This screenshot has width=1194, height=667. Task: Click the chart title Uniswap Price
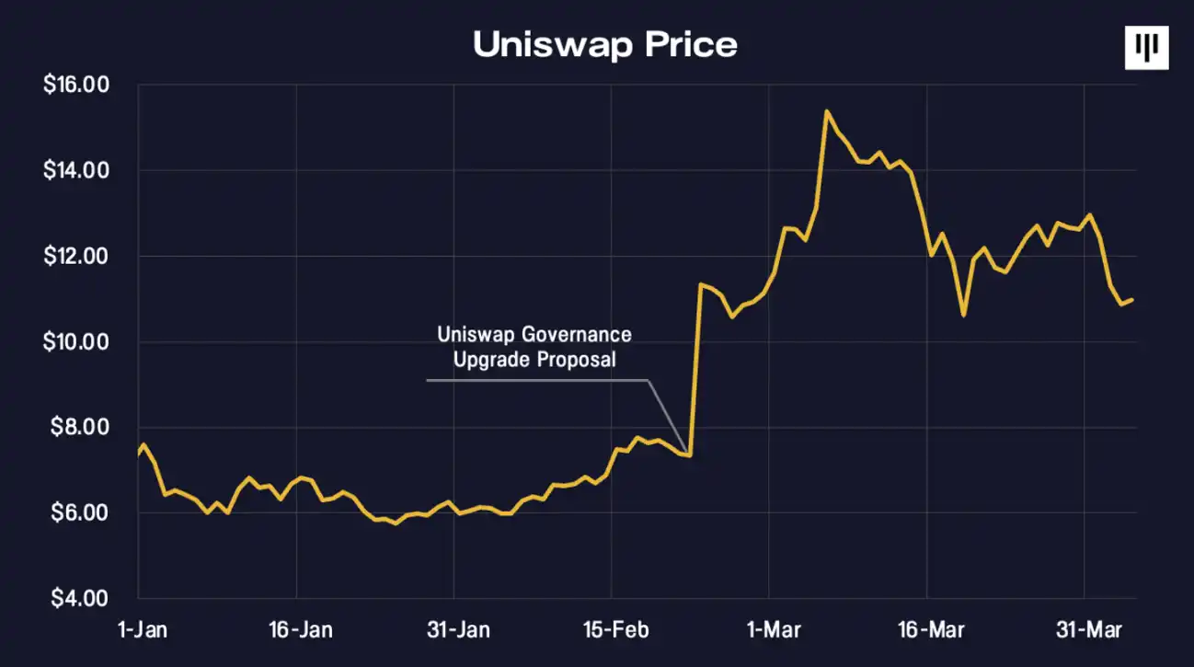pos(604,44)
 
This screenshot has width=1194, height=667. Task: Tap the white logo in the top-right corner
pos(1146,47)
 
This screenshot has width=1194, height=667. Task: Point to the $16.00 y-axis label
pos(76,86)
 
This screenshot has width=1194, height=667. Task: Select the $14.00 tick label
pos(76,171)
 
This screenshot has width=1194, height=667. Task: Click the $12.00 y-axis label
pos(76,257)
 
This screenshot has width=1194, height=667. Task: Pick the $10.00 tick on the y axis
pos(76,342)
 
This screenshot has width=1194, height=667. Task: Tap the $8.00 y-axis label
pos(81,428)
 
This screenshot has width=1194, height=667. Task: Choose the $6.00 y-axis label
pos(81,513)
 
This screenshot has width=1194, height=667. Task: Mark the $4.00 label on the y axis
pos(81,599)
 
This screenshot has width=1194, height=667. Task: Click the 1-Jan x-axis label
pos(137,630)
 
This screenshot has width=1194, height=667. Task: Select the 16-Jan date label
pos(301,630)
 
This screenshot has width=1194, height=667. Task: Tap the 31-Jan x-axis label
pos(459,630)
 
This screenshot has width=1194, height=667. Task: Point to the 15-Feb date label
pos(616,630)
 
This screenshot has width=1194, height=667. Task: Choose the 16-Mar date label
pos(929,630)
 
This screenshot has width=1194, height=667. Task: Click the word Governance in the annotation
pos(577,333)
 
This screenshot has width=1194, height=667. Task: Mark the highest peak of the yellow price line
pos(826,111)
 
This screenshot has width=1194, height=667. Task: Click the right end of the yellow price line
pos(1132,300)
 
